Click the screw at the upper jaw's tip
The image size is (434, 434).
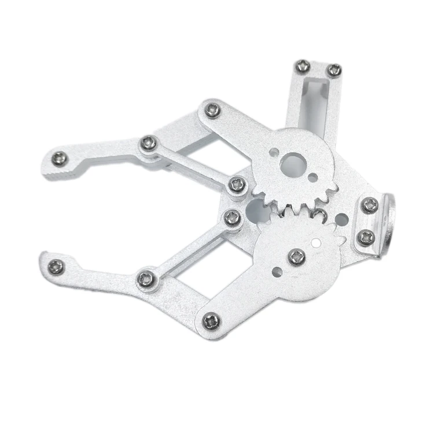click(x=60, y=157)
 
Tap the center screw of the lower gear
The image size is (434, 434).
click(x=297, y=255)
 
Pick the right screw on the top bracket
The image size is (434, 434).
click(x=334, y=70)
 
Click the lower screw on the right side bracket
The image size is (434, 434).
click(x=366, y=236)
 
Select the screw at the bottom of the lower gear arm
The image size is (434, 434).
click(x=211, y=319)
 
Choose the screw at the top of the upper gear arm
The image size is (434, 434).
click(x=212, y=110)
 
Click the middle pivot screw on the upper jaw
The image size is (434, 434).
click(x=149, y=142)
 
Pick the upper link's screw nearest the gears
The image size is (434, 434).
click(x=237, y=185)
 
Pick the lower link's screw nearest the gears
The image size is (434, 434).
click(x=233, y=217)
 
